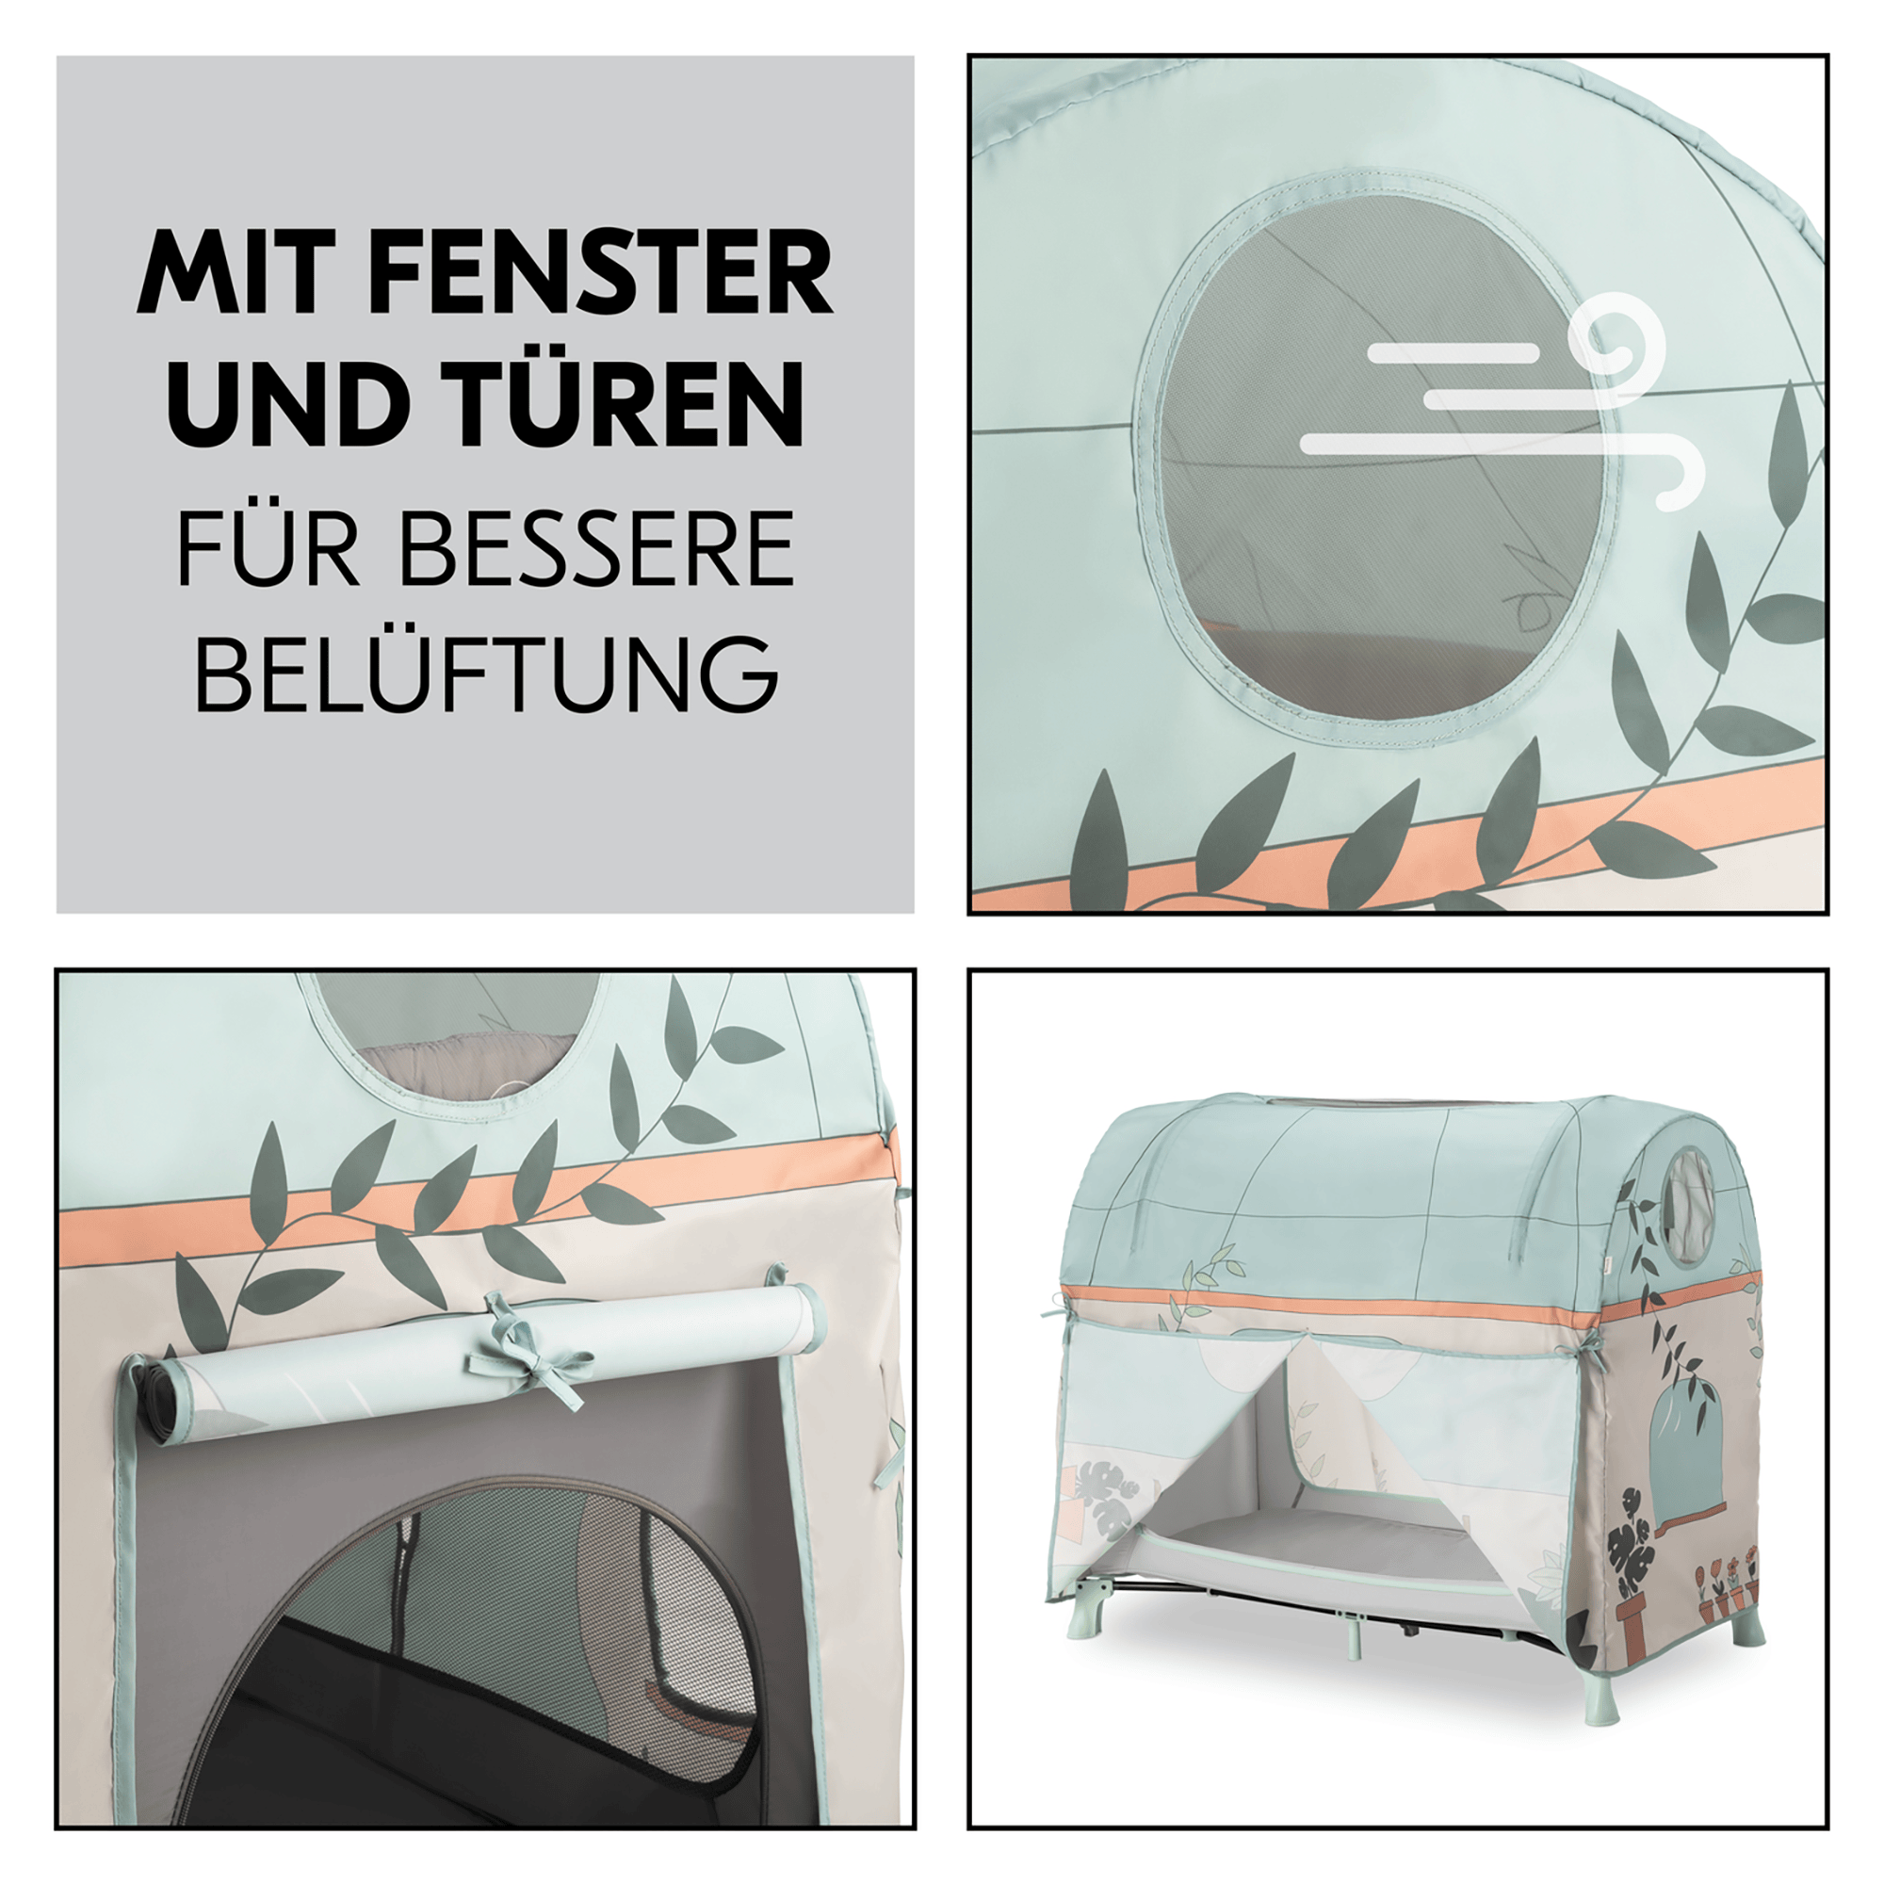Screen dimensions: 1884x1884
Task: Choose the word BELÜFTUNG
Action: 487,674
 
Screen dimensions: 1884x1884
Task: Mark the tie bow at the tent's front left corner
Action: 1055,1305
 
